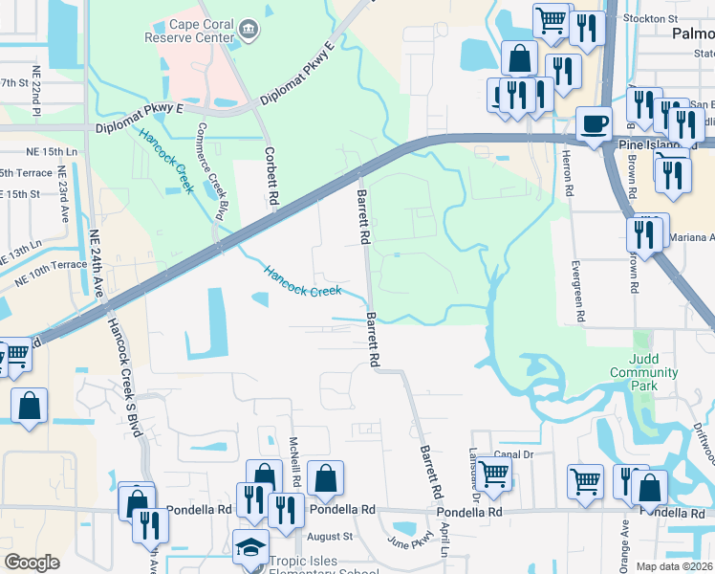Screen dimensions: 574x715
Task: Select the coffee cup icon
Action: tap(594, 124)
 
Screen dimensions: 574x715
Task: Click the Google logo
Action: tap(32, 562)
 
